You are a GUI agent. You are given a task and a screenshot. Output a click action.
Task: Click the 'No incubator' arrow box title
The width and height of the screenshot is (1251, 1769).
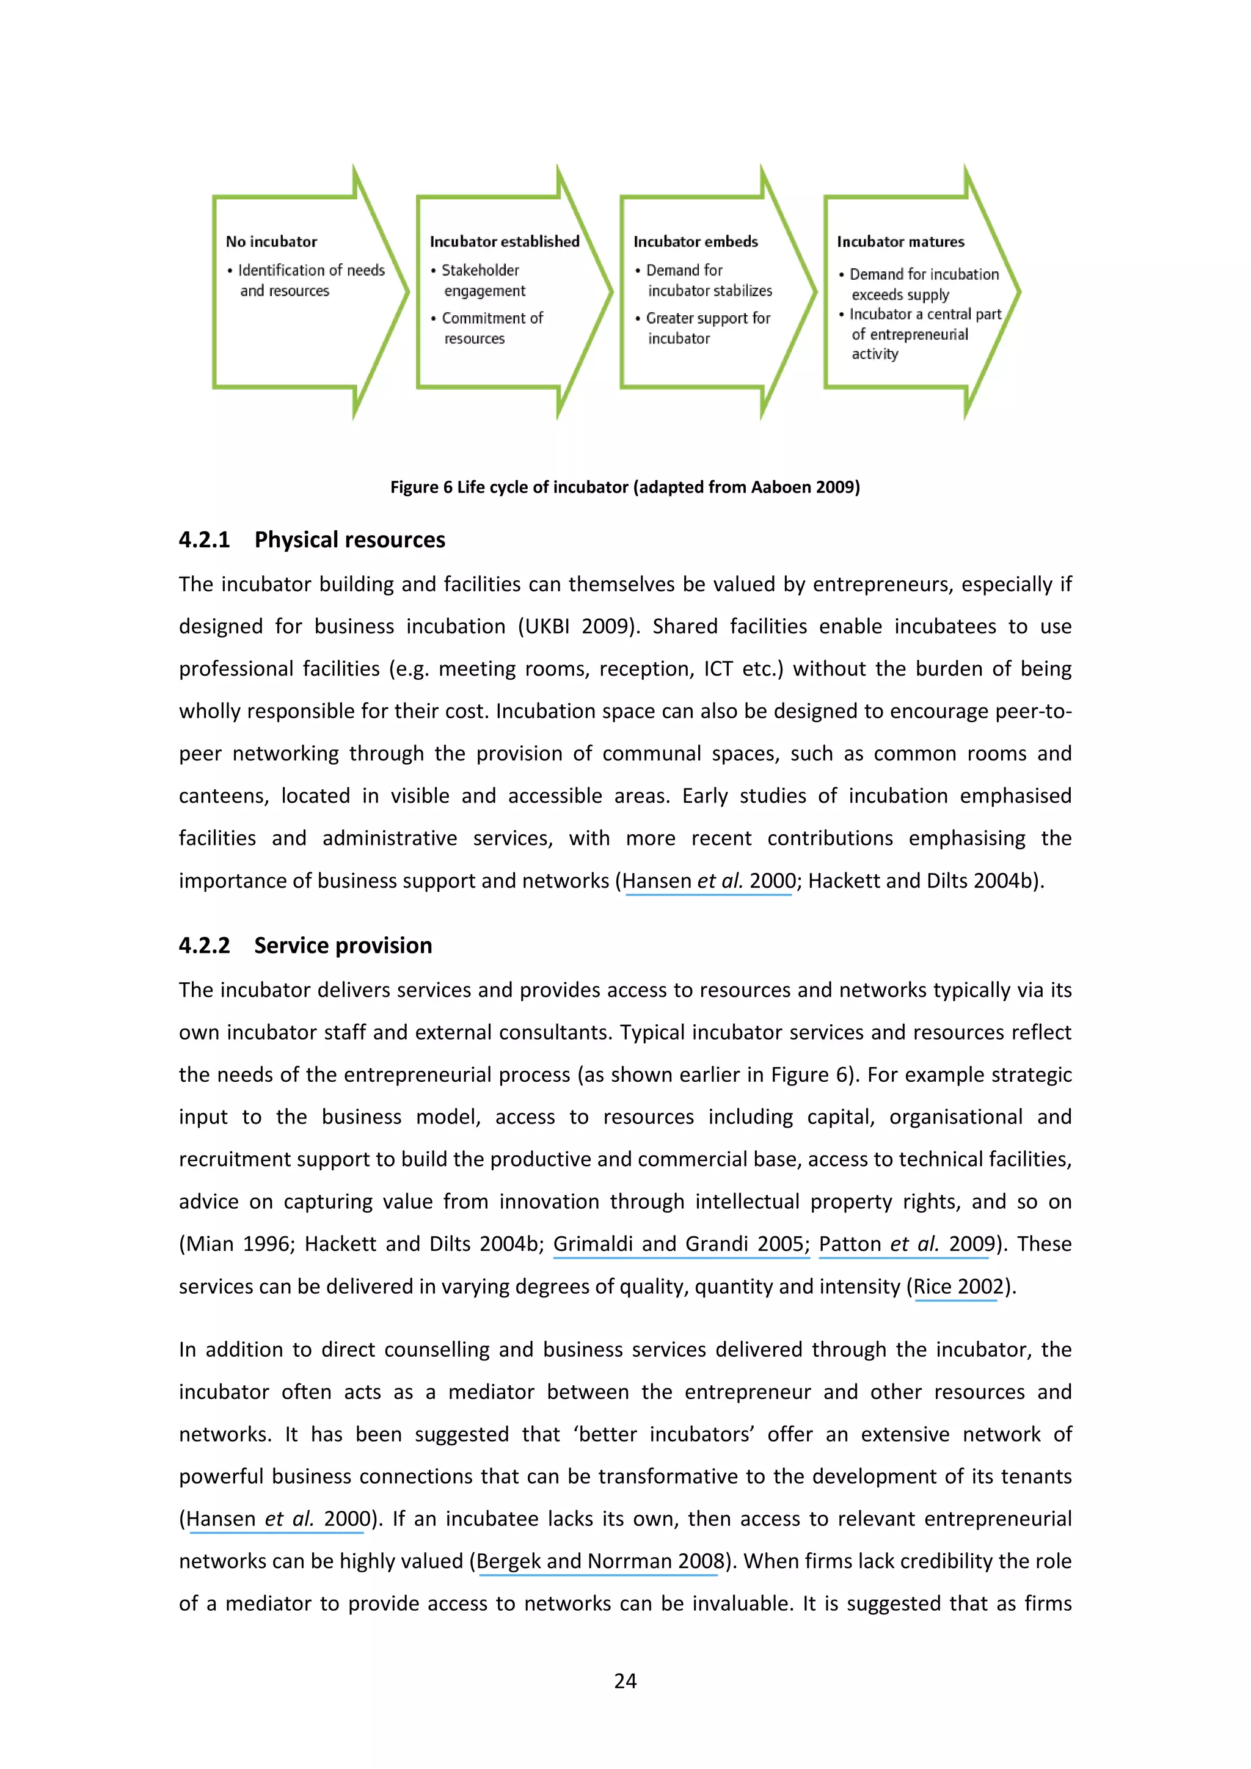coord(271,242)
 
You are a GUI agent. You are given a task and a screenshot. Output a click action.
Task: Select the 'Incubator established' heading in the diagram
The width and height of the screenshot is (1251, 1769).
coord(504,242)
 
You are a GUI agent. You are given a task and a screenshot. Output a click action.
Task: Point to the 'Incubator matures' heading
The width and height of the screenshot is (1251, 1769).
coord(900,242)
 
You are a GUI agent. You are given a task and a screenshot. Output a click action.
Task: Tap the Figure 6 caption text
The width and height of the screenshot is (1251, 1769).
coord(625,487)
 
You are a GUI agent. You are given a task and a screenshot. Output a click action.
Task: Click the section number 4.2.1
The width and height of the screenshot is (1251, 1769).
coord(204,539)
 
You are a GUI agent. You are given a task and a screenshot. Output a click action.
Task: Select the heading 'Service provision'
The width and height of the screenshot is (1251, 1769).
coord(343,946)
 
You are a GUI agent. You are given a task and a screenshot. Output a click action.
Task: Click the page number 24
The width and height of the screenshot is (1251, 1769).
coord(625,1680)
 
